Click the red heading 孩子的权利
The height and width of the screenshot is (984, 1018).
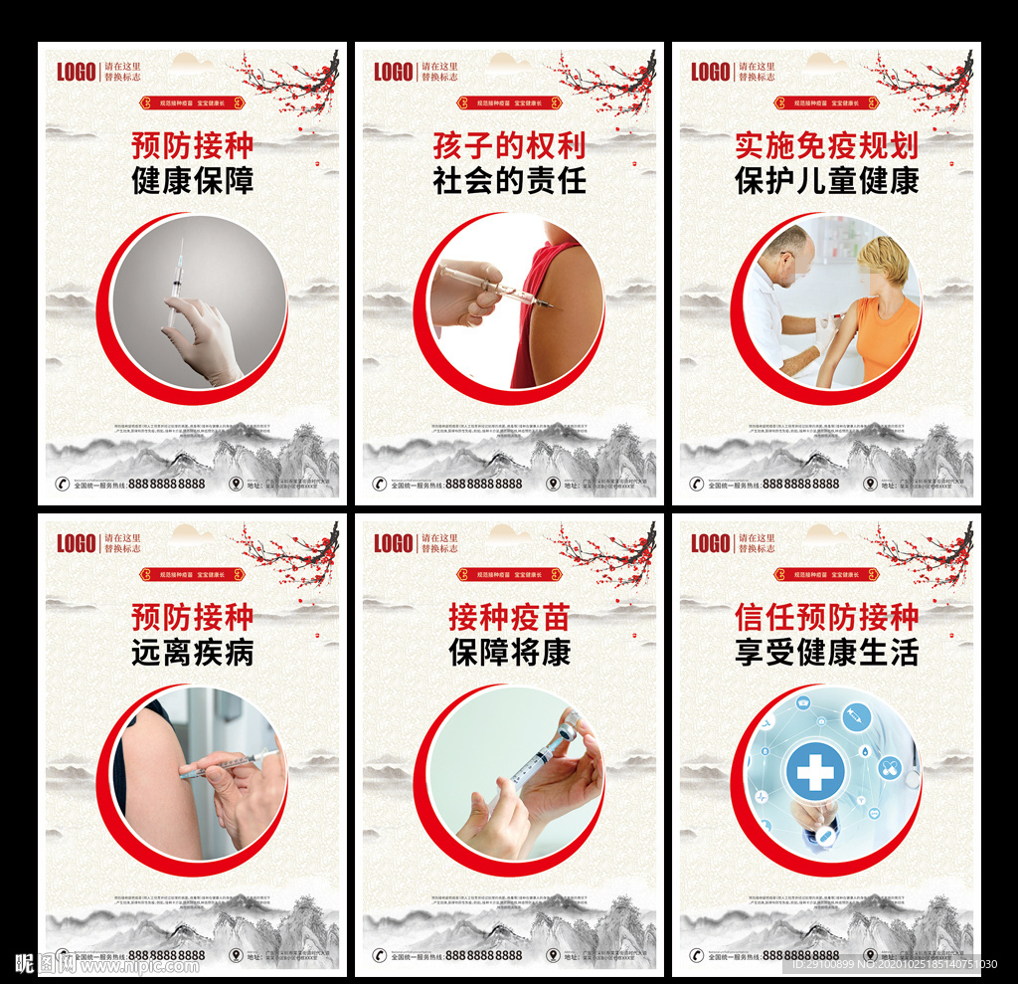click(509, 145)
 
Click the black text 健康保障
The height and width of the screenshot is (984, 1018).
click(193, 181)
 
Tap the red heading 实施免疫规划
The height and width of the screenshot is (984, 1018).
click(826, 145)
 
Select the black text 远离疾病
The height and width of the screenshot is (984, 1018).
click(193, 653)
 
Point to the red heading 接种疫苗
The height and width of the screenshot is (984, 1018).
click(509, 617)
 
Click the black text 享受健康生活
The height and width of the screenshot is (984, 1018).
click(826, 653)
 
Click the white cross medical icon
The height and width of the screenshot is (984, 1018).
click(815, 772)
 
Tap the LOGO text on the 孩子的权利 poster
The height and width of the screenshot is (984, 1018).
click(394, 72)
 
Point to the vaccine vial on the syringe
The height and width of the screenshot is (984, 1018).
click(569, 725)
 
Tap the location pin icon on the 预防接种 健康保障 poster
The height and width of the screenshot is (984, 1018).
click(235, 484)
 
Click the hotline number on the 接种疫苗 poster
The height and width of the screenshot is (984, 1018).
click(483, 955)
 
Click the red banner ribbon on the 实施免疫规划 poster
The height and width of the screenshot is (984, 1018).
click(826, 102)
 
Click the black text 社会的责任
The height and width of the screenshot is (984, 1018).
click(509, 181)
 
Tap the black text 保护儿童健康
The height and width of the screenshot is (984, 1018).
click(826, 181)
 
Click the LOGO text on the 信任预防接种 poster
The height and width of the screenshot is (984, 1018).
click(711, 543)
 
